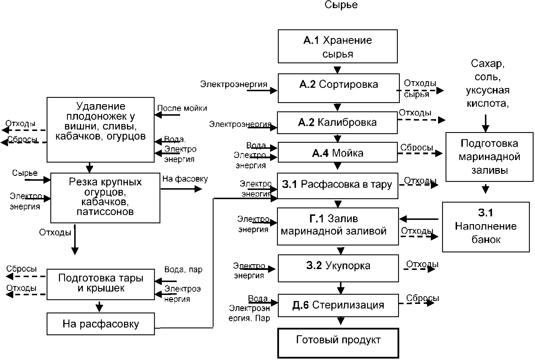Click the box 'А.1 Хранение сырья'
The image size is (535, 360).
[338, 46]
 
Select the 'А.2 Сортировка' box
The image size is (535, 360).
[339, 88]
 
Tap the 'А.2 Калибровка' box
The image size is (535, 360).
[337, 123]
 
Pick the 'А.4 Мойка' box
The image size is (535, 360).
[338, 153]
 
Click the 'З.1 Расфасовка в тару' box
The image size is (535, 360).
[337, 186]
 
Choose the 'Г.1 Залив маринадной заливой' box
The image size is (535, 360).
[338, 226]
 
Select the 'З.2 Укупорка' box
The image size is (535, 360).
[338, 268]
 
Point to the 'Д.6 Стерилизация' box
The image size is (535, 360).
[338, 305]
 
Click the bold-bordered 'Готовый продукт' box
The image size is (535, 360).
[338, 343]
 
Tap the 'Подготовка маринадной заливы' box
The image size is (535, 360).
[489, 157]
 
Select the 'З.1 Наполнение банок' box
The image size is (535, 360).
[486, 227]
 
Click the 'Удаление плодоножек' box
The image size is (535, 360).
[100, 129]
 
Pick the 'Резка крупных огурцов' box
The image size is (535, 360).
[105, 198]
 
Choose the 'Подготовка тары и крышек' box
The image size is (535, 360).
[101, 284]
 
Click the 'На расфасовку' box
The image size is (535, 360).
[101, 324]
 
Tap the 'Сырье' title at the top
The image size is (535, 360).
[341, 5]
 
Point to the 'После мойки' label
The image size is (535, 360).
[182, 108]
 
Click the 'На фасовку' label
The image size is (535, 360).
[185, 179]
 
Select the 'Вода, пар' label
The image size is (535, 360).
[183, 270]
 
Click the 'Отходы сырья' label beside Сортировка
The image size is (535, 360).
[420, 88]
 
